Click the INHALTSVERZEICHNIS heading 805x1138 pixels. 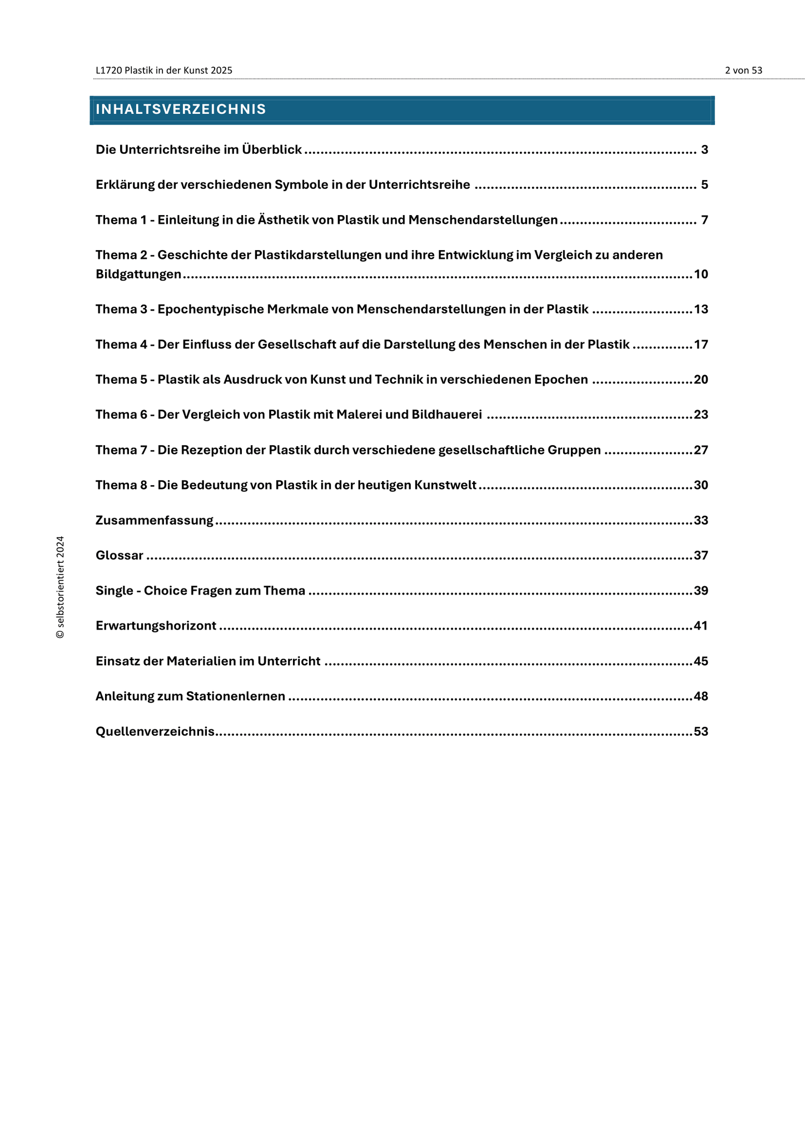click(181, 109)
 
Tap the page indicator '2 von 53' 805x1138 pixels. click(743, 71)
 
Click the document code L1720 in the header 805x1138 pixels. click(108, 71)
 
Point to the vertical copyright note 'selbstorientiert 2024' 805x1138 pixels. click(61, 587)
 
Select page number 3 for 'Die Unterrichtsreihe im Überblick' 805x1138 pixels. click(704, 150)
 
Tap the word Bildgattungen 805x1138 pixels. click(138, 274)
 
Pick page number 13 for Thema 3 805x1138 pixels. click(701, 310)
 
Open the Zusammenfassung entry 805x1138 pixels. click(154, 521)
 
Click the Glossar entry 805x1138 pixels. click(120, 556)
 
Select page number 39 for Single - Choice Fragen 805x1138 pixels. click(701, 591)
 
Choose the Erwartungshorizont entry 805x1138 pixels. click(156, 626)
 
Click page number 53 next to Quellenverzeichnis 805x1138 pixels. click(701, 732)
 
